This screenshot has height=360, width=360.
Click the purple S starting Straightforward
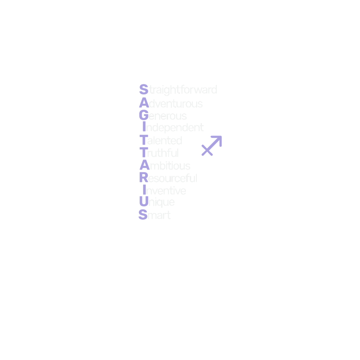coord(143,89)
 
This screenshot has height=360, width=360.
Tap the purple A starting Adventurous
coord(143,102)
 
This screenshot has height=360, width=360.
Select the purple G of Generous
coord(143,115)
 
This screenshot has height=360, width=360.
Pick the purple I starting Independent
coord(143,127)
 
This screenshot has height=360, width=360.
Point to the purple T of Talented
coord(143,141)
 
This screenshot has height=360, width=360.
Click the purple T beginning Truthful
coord(143,153)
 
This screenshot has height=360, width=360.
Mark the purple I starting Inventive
coord(144,190)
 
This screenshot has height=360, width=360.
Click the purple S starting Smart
coord(143,214)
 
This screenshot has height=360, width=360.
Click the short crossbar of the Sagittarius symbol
coord(207,149)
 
